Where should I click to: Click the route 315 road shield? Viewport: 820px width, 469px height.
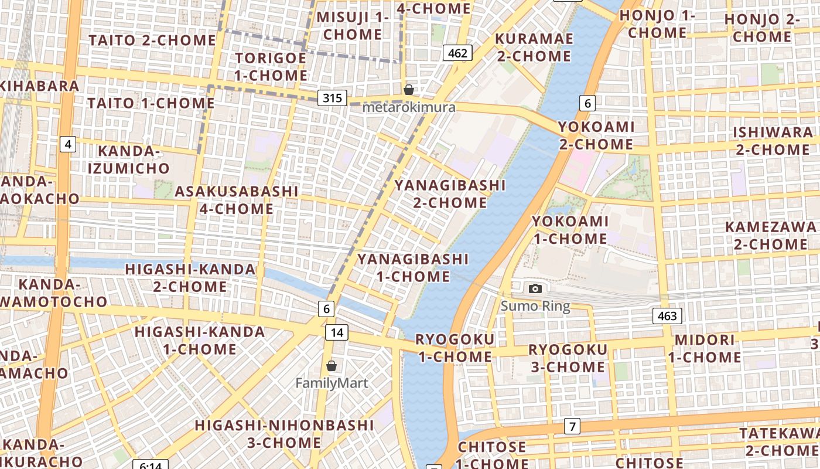tap(332, 97)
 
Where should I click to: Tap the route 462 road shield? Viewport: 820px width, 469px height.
tap(457, 53)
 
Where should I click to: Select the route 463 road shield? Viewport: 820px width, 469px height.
tap(667, 316)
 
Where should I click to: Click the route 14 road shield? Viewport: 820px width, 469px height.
tap(337, 333)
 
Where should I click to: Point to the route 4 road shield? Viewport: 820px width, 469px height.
tap(68, 144)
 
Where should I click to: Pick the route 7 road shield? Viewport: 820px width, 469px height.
tap(572, 426)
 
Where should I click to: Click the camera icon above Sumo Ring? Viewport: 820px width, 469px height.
tap(535, 288)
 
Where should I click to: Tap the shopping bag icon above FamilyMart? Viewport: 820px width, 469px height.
tap(332, 366)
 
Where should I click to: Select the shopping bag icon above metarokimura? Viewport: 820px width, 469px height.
tap(409, 90)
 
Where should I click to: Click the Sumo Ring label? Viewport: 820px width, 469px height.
tap(535, 306)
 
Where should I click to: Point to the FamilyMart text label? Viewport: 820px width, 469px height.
tap(332, 383)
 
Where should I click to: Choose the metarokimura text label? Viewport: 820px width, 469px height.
tap(409, 107)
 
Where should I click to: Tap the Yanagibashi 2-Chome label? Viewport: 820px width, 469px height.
tap(450, 194)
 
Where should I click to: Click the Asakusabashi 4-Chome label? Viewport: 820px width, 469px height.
tap(237, 200)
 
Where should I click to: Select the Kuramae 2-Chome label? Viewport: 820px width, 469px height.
tap(533, 47)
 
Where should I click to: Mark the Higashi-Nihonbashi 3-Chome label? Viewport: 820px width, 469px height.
tap(284, 433)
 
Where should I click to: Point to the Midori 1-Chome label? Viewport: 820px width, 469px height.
tap(705, 348)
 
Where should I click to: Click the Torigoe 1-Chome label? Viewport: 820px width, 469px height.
tap(271, 67)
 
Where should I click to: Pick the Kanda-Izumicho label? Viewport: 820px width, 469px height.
tap(129, 160)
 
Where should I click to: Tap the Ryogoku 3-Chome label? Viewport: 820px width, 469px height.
tap(567, 358)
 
